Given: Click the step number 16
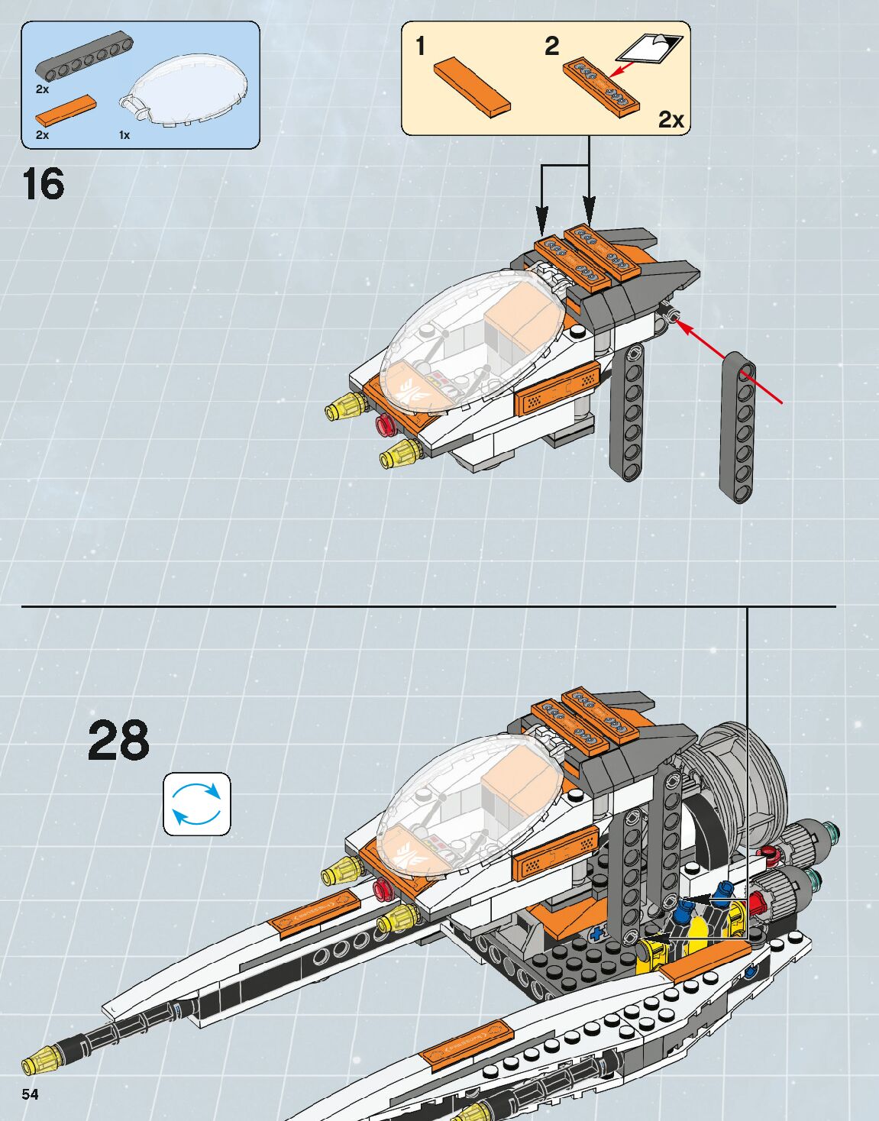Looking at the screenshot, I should (x=44, y=185).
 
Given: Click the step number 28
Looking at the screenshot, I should (x=118, y=740).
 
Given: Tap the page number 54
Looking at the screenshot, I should (x=30, y=1094).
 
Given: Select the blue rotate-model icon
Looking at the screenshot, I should (x=196, y=804).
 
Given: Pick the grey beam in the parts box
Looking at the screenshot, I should (x=83, y=57).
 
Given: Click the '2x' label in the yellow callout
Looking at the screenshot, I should (x=671, y=120).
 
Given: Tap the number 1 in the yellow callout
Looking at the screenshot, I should (x=420, y=46).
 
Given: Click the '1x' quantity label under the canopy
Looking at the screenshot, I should (x=124, y=135).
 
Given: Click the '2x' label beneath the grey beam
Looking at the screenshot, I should (x=42, y=89).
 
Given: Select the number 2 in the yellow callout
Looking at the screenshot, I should (x=551, y=46).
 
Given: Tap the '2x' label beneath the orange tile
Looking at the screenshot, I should (x=42, y=135).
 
